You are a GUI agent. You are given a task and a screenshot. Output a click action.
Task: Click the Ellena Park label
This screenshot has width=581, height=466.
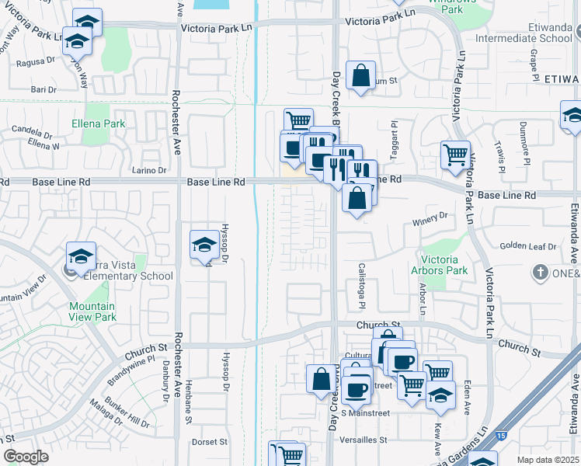point(98,123)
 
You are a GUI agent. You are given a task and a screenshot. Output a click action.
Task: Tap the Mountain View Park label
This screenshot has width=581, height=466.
point(92,311)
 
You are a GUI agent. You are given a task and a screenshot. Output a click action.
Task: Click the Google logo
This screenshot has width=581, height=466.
point(26,457)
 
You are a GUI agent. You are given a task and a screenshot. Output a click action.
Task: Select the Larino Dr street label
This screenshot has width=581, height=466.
point(150,170)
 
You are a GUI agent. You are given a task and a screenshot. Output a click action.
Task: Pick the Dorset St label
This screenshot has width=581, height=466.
point(210,442)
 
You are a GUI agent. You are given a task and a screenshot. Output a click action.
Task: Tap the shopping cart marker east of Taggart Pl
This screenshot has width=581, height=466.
point(454,154)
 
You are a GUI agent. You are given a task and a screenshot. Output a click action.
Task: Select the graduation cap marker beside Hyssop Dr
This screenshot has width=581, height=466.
point(204,244)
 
